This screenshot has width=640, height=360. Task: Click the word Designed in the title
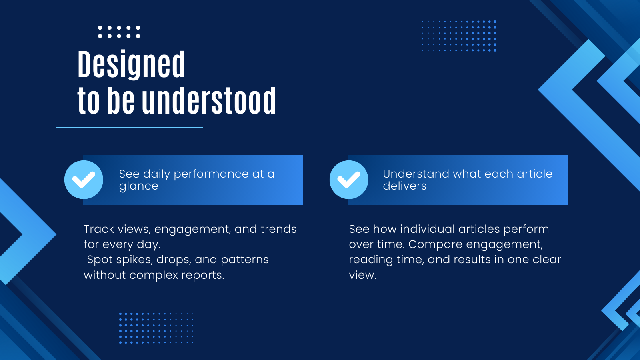131,64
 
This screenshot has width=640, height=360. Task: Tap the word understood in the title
209,101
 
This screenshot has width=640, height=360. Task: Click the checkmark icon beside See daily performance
84,180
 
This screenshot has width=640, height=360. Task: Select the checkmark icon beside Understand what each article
349,180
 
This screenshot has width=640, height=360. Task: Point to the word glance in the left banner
138,186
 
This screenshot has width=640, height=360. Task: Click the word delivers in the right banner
404,186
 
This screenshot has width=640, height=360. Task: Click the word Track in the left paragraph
99,229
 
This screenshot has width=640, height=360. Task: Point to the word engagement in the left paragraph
192,230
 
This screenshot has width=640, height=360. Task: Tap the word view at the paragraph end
362,275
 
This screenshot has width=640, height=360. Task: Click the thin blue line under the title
130,127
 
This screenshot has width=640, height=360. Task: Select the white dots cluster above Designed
119,32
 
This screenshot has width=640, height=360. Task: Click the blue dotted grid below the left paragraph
156,328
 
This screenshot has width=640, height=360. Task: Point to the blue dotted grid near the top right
459,36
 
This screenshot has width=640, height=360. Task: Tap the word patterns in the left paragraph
244,260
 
